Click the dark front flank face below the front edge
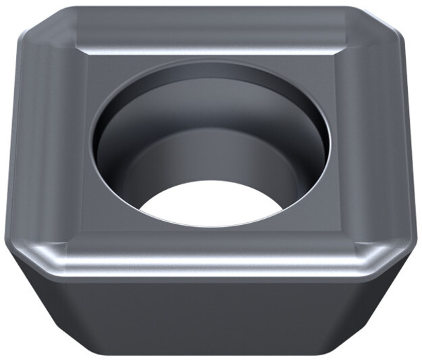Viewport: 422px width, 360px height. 209,317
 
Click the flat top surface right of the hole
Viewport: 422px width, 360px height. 351,149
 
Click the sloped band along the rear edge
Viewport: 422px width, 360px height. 209,30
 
